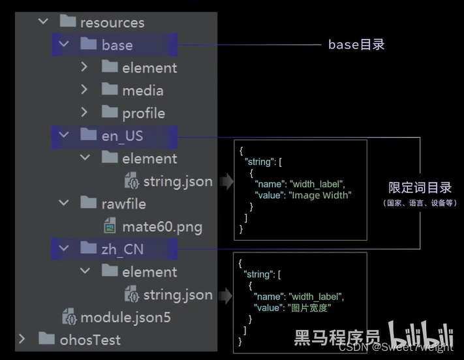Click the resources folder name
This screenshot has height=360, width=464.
point(112,22)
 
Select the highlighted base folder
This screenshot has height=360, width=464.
point(117,45)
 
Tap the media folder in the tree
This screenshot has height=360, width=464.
point(142,90)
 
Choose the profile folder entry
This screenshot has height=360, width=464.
point(144,113)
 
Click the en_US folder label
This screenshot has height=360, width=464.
point(122,136)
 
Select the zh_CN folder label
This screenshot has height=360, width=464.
point(122,249)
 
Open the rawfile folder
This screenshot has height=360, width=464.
point(123,203)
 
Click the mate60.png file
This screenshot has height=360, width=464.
point(162,227)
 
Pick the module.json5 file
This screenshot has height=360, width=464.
point(125,318)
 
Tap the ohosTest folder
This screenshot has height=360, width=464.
point(89,340)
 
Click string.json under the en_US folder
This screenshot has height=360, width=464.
point(178,181)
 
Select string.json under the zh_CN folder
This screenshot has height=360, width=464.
point(178,295)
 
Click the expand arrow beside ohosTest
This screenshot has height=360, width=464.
point(22,339)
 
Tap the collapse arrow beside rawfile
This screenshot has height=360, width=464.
point(64,203)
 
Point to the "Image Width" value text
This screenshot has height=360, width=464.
point(321,194)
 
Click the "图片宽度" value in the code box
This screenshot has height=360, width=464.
point(311,307)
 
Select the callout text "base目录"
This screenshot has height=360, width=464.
point(356,44)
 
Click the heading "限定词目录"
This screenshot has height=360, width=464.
point(420,188)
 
